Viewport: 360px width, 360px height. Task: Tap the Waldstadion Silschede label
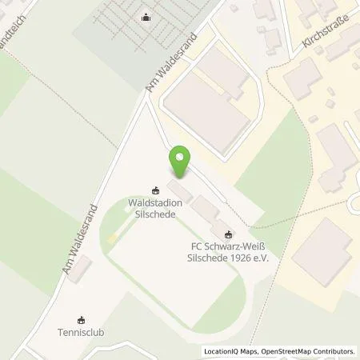pyautogui.click(x=155, y=208)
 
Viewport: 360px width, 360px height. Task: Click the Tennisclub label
pyautogui.click(x=81, y=331)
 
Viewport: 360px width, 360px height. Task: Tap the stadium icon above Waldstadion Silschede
pyautogui.click(x=155, y=190)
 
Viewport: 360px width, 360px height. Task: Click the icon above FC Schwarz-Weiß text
pyautogui.click(x=230, y=234)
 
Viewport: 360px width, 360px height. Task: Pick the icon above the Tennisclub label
pyautogui.click(x=81, y=318)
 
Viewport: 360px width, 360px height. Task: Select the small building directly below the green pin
pyautogui.click(x=180, y=193)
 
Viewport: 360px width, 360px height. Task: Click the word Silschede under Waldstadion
pyautogui.click(x=155, y=214)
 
